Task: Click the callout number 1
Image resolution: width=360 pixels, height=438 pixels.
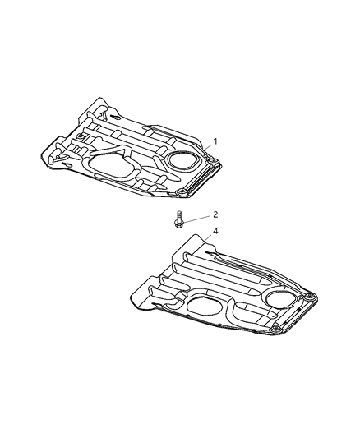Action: point(215,142)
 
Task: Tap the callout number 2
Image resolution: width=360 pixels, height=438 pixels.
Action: point(215,214)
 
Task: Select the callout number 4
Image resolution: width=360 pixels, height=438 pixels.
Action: point(215,232)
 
